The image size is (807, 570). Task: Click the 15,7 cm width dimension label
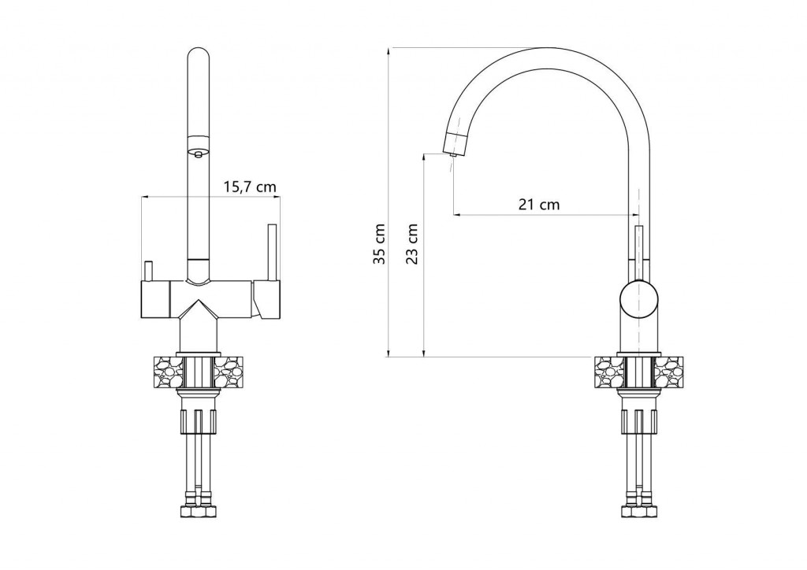pyautogui.click(x=250, y=187)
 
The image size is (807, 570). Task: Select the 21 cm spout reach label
pyautogui.click(x=539, y=205)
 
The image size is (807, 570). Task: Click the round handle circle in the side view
pyautogui.click(x=638, y=298)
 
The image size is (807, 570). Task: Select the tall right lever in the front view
pyautogui.click(x=272, y=252)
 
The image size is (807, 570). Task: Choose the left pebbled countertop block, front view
pyautogui.click(x=167, y=372)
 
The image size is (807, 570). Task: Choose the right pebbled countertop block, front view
pyautogui.click(x=232, y=372)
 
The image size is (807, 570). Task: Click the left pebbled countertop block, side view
pyautogui.click(x=608, y=372)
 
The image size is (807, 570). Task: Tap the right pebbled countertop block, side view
pyautogui.click(x=669, y=372)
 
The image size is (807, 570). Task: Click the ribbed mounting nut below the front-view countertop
pyautogui.click(x=198, y=420)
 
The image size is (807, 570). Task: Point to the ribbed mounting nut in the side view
pyautogui.click(x=638, y=420)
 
